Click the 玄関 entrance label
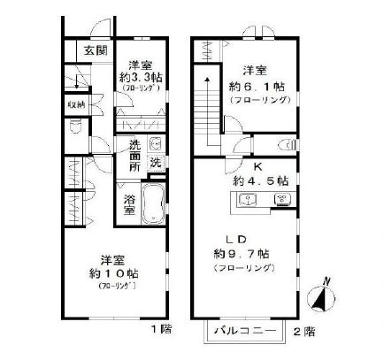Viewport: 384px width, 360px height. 94,50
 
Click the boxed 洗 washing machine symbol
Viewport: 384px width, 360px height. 155,162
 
